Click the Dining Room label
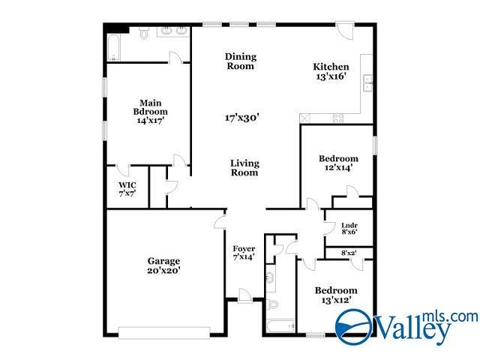[x=241, y=61]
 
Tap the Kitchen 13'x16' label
[x=331, y=71]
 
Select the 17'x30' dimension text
[x=241, y=118]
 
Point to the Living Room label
[x=244, y=168]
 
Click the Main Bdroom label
[x=148, y=111]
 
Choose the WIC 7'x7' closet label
[x=127, y=190]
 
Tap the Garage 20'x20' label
[x=163, y=265]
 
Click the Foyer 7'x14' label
[x=244, y=253]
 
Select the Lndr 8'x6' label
[x=349, y=228]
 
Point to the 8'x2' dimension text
[x=349, y=253]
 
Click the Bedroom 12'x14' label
[x=338, y=163]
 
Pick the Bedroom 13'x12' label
[x=335, y=295]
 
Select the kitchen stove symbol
[x=338, y=118]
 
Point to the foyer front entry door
[x=244, y=295]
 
